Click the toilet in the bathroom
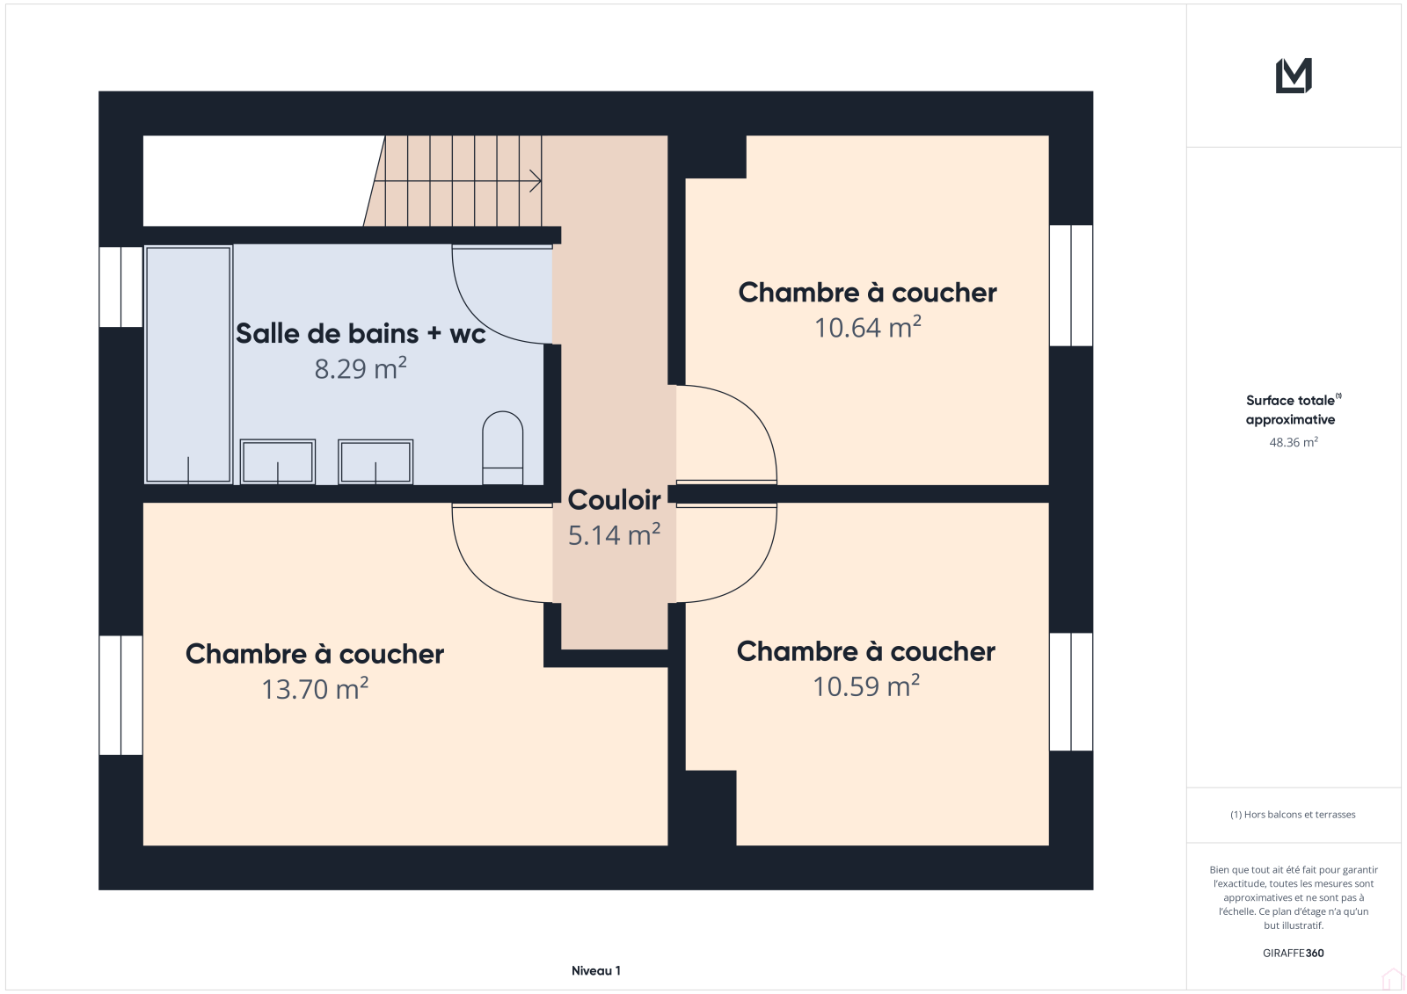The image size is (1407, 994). tap(502, 447)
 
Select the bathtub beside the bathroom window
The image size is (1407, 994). tap(188, 365)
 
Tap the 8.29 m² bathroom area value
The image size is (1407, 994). tap(361, 368)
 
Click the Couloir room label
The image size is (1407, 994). tap(614, 500)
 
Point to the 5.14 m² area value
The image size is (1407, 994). tap(614, 534)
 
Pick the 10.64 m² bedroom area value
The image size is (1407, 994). tap(867, 327)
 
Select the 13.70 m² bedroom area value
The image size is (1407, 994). tap(315, 688)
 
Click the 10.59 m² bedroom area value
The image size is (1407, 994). tap(866, 686)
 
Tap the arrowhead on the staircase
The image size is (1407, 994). tap(536, 181)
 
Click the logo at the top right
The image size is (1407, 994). tap(1294, 76)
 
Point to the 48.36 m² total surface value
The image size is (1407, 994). tap(1294, 442)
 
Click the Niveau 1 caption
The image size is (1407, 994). tap(595, 970)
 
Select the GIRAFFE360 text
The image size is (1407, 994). tap(1294, 953)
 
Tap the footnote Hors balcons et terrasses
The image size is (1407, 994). tap(1293, 815)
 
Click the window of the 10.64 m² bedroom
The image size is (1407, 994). tap(1071, 285)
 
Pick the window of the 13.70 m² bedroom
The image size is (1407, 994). tap(120, 695)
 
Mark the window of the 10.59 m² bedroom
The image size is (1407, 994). tap(1071, 692)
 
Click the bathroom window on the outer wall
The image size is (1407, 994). tap(120, 287)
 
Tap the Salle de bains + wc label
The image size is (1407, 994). tap(361, 333)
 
